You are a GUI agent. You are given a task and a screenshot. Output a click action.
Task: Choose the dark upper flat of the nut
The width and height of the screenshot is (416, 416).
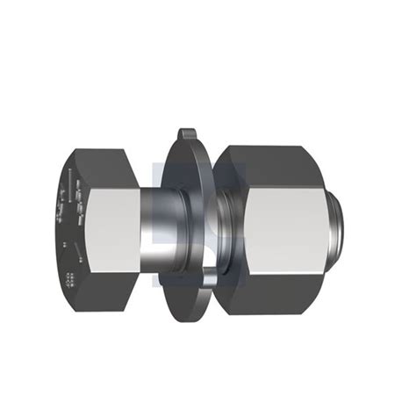[276, 162]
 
